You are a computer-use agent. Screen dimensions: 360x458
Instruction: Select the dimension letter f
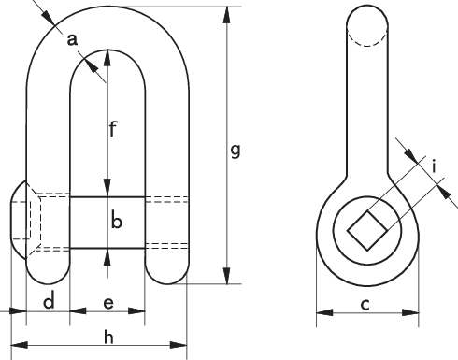(112, 129)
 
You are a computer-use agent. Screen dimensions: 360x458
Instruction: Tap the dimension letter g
(236, 150)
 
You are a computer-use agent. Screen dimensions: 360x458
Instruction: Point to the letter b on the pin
(117, 222)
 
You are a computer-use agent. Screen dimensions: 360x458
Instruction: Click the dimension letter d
(49, 302)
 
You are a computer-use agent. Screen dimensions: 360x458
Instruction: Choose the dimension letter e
(108, 303)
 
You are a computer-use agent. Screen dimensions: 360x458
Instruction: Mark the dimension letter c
(365, 304)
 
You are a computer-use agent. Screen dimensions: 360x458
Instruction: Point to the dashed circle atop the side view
(365, 27)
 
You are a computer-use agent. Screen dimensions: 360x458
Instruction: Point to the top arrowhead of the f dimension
(108, 55)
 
